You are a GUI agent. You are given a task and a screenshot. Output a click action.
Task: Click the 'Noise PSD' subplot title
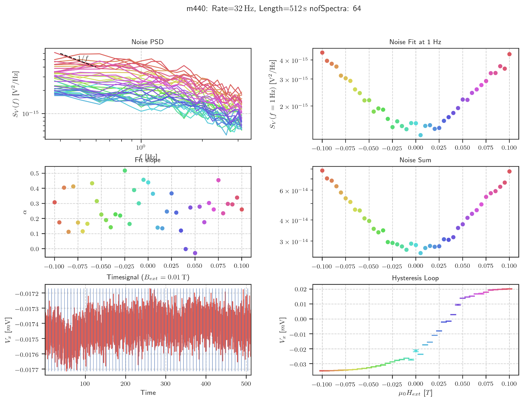147,42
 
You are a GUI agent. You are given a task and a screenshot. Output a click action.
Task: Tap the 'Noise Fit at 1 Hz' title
415,42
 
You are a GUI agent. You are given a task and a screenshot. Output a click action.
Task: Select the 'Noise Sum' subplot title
415,160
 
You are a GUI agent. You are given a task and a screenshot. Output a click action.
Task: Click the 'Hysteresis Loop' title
415,278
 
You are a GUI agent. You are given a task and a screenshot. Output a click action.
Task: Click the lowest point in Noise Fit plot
420,135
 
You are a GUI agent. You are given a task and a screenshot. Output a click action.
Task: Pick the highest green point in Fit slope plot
125,171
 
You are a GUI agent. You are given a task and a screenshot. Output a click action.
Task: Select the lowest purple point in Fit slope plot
195,253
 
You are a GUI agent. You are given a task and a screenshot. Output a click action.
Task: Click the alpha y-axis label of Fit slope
25,212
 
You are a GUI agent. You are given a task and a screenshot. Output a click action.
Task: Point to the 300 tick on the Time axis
166,384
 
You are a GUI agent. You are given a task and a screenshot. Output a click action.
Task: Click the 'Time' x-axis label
148,393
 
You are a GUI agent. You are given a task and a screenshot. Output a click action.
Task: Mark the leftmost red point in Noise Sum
322,171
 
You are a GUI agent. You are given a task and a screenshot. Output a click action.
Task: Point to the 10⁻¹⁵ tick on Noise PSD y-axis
30,114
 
